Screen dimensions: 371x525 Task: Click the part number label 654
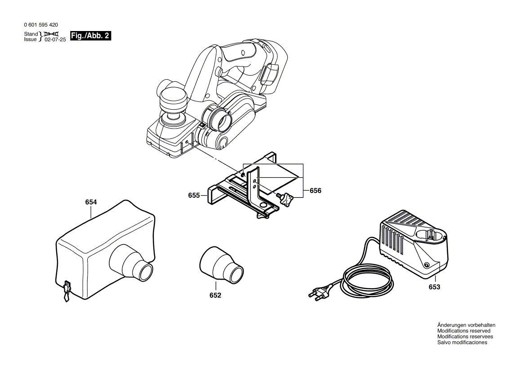[x=91, y=202]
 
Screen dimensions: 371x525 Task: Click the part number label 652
[x=215, y=295]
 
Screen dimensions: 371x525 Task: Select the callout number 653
[x=434, y=287]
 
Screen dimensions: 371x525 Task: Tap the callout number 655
[x=194, y=196]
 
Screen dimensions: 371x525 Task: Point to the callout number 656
[x=316, y=191]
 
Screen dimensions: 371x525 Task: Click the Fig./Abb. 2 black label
[x=90, y=36]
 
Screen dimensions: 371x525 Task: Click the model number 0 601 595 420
[x=41, y=25]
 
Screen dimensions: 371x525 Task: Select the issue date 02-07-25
[x=55, y=40]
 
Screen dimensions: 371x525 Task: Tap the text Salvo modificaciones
[x=462, y=343]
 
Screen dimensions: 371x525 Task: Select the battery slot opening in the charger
[x=429, y=235]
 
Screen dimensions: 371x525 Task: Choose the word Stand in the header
[x=31, y=34]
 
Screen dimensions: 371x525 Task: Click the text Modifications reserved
[x=464, y=331]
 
